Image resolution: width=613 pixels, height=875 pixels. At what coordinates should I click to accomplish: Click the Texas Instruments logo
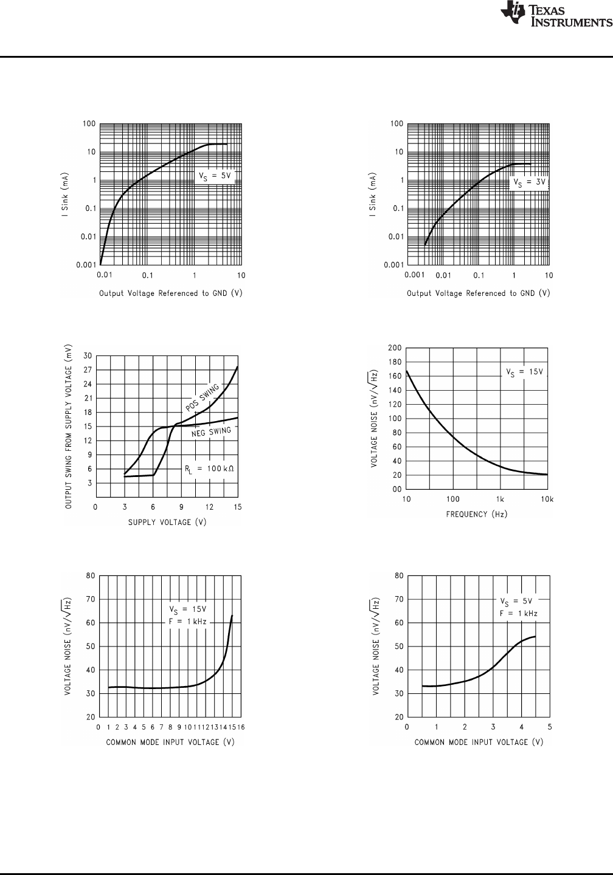point(555,15)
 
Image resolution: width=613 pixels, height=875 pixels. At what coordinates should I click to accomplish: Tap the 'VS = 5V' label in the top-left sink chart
point(215,176)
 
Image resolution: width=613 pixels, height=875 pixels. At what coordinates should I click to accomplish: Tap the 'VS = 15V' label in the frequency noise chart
point(525,372)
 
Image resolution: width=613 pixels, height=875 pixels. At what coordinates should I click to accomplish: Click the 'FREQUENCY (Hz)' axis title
point(477,514)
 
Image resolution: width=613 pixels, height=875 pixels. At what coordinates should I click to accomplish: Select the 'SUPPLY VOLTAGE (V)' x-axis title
point(159,522)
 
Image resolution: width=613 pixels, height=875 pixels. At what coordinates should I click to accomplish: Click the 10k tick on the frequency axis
point(547,499)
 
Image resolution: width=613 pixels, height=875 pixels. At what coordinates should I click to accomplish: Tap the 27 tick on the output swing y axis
point(88,369)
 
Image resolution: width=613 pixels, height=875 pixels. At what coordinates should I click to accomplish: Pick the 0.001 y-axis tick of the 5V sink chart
point(86,265)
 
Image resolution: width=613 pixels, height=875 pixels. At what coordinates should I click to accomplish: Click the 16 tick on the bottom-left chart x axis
point(241,727)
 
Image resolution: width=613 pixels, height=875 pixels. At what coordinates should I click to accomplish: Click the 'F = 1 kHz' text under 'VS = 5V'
point(518,614)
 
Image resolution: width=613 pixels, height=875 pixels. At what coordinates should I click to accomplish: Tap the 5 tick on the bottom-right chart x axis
point(550,727)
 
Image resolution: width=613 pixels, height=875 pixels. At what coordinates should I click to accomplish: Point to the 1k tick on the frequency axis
point(500,499)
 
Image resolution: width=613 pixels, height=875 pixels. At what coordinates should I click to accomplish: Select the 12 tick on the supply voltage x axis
point(209,507)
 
